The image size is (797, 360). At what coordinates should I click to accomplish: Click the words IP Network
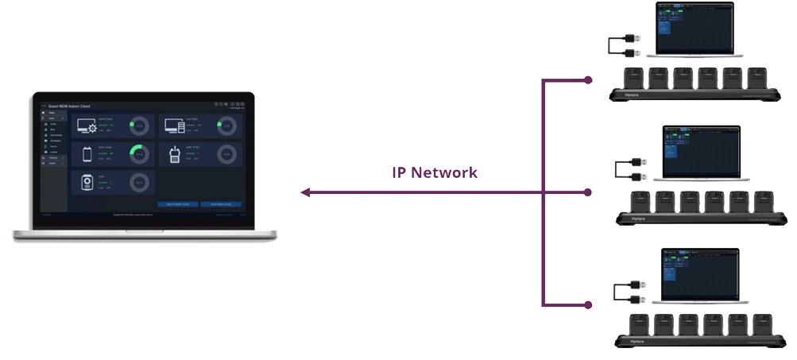435,172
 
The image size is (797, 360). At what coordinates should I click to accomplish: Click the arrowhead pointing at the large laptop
305,192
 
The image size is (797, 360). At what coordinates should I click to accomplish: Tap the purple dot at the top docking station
588,80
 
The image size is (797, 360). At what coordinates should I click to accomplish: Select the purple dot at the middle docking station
588,192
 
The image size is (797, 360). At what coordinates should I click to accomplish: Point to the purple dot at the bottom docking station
588,304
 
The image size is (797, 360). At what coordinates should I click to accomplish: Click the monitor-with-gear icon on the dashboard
85,126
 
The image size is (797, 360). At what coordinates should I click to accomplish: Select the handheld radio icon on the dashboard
174,153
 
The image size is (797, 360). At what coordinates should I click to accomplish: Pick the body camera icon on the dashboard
85,182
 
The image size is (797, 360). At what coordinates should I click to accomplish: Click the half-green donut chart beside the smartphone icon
139,153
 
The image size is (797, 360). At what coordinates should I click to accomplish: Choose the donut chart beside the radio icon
226,153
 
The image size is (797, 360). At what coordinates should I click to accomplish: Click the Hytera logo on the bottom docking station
637,341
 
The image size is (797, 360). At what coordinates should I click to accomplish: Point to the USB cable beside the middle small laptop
628,169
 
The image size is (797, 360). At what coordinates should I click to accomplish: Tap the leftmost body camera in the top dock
635,78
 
